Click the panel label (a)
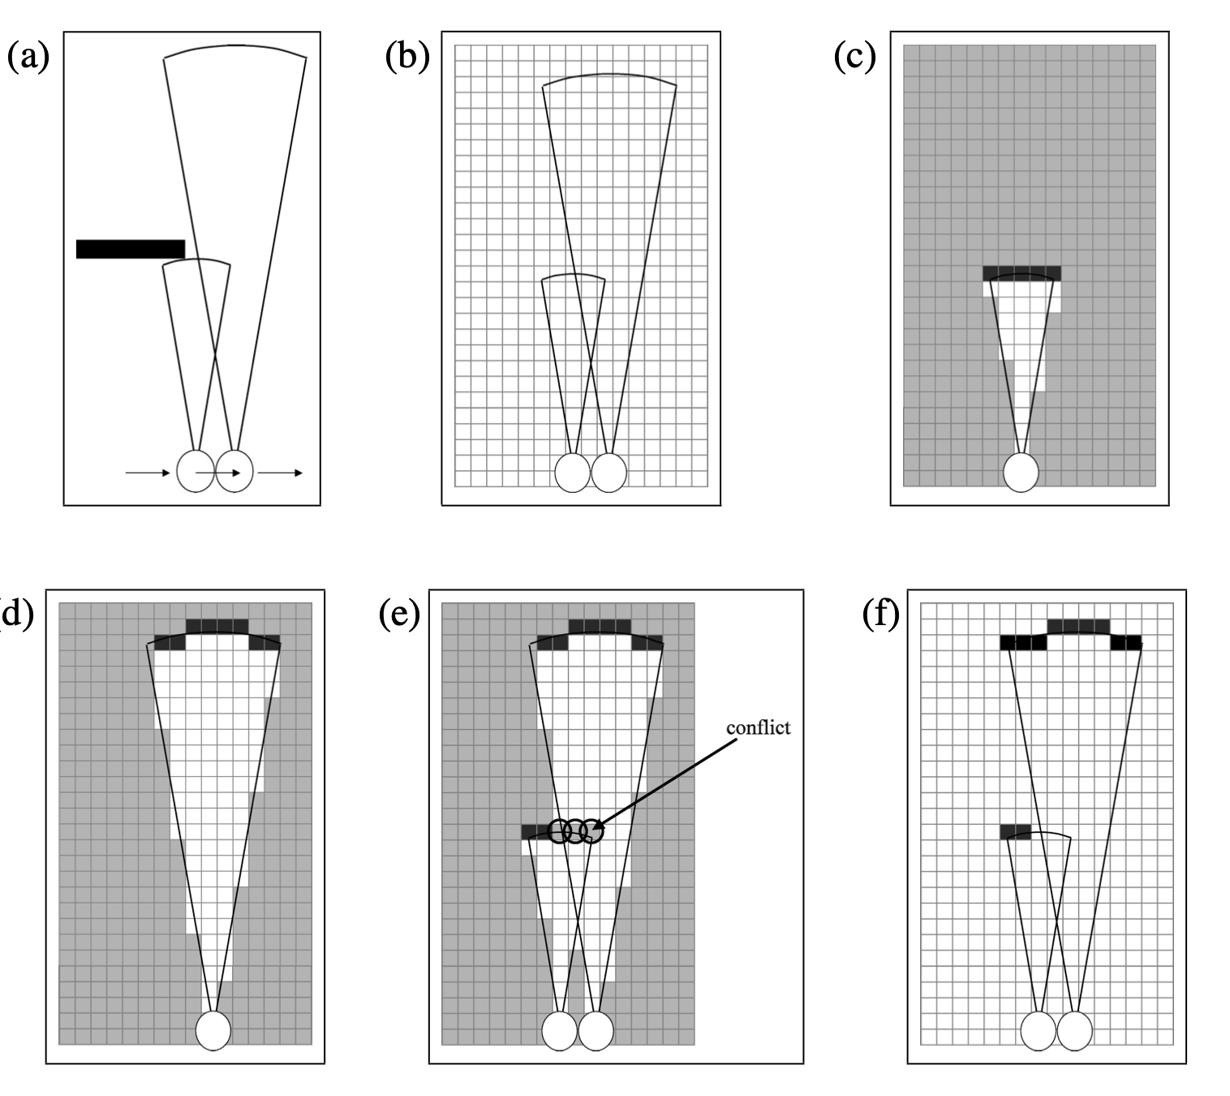click(28, 58)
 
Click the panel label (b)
click(407, 58)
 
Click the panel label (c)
click(855, 58)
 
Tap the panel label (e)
click(399, 615)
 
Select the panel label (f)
click(881, 615)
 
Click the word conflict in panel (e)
click(758, 727)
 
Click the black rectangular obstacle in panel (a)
click(131, 249)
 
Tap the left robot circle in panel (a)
click(195, 471)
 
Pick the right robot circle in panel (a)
click(234, 471)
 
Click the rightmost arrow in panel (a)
click(281, 472)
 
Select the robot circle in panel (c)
click(1021, 472)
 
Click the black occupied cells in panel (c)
click(1021, 273)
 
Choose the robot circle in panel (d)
click(213, 1029)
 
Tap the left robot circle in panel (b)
click(572, 472)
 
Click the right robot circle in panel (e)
click(596, 1030)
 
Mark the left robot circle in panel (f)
click(1038, 1030)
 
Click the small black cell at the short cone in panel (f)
click(1015, 832)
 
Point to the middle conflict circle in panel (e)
click(575, 831)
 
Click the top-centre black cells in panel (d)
click(217, 626)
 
